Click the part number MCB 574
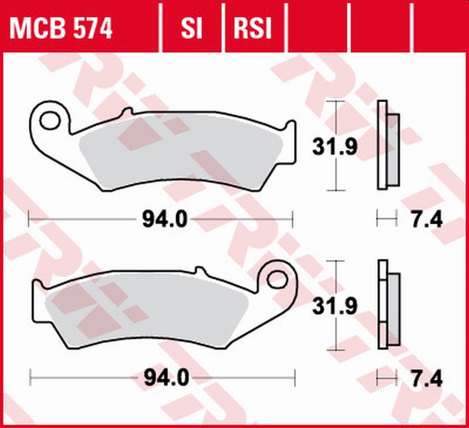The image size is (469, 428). click(61, 29)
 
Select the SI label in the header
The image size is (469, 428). click(190, 29)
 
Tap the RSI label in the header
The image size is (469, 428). click(252, 29)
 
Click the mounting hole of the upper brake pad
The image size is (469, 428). click(51, 118)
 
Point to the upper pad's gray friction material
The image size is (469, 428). click(178, 153)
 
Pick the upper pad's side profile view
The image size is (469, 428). click(387, 147)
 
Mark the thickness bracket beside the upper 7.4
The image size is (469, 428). click(386, 220)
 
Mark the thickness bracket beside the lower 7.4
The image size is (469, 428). click(386, 378)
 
